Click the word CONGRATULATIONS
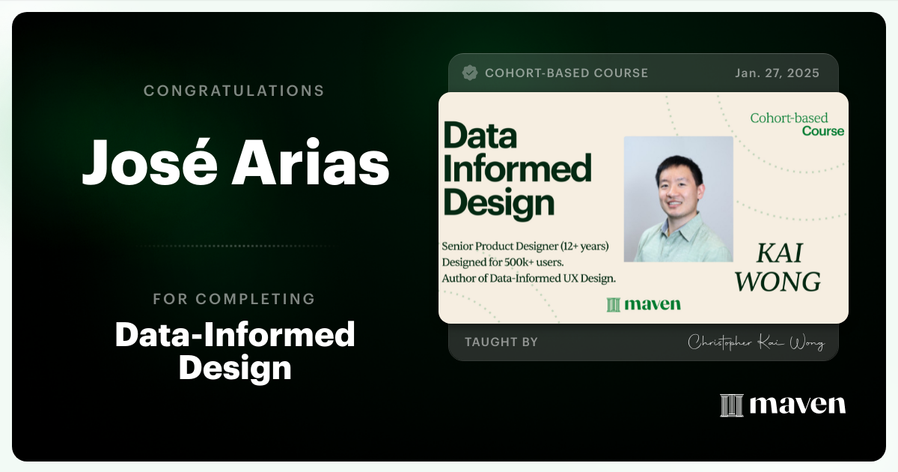click(233, 91)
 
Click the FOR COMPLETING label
click(233, 299)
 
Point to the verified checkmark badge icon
click(470, 73)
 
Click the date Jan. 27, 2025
click(777, 73)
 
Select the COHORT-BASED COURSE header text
click(566, 73)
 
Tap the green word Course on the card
click(822, 131)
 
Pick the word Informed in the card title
click(517, 169)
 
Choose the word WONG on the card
click(778, 282)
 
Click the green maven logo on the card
click(644, 303)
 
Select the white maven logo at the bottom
click(783, 405)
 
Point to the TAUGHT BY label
click(501, 342)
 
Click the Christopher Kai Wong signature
click(756, 343)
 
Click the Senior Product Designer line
click(526, 246)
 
